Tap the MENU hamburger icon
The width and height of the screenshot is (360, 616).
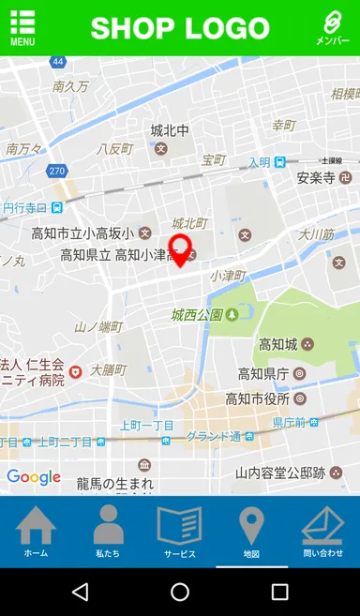(x=22, y=28)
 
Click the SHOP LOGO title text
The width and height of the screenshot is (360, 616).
(x=180, y=28)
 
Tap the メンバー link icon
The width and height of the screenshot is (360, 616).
(x=332, y=28)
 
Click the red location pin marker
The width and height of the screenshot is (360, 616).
(x=180, y=250)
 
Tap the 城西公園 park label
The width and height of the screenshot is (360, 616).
(x=197, y=314)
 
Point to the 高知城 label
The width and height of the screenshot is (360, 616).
(x=277, y=344)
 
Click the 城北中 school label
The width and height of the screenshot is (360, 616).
(x=170, y=130)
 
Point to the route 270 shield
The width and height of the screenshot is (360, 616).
(x=57, y=171)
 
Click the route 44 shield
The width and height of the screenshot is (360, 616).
(x=58, y=62)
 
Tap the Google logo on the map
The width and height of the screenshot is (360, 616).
(x=34, y=477)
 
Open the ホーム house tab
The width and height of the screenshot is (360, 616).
(x=36, y=532)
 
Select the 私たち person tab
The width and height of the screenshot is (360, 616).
(x=108, y=532)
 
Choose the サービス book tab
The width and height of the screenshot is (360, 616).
(x=179, y=532)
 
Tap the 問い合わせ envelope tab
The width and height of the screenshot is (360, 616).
(x=322, y=532)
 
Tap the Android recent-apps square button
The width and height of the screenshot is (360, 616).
(x=279, y=592)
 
